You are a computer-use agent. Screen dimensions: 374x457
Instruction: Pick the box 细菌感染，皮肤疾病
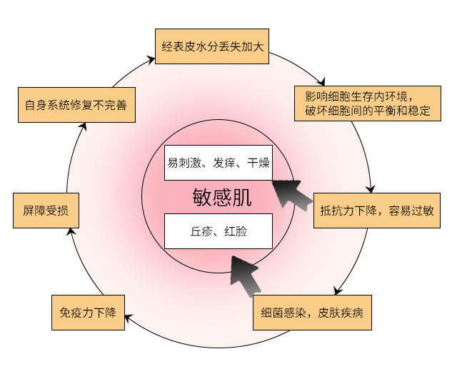[313, 313]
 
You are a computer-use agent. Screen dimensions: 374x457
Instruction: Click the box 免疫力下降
[88, 312]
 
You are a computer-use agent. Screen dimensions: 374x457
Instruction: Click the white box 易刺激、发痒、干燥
[218, 163]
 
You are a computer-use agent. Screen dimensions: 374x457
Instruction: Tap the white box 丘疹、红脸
[219, 231]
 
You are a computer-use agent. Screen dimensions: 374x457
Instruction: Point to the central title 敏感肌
[222, 197]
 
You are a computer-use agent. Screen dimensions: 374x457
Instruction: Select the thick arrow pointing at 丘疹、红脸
[246, 274]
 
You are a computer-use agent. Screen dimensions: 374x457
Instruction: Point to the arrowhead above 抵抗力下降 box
[369, 188]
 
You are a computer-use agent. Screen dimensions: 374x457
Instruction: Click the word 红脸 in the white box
[235, 231]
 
